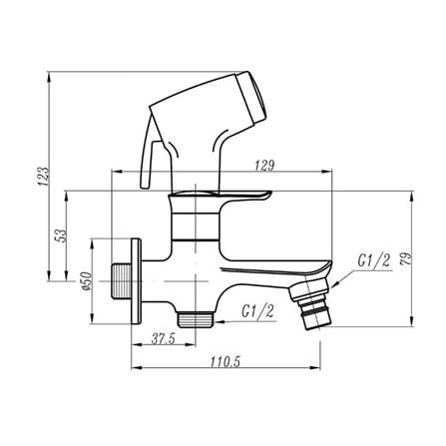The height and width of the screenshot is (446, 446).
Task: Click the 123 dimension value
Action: (44, 177)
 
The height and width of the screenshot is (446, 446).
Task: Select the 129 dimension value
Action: (264, 166)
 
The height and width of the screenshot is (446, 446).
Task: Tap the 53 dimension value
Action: (62, 235)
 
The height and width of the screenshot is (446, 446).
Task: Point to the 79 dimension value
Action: (406, 258)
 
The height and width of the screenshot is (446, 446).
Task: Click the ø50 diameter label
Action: (86, 281)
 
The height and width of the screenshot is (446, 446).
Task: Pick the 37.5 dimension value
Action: (164, 339)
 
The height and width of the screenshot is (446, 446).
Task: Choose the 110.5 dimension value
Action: (224, 362)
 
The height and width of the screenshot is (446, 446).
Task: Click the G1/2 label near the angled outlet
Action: (374, 260)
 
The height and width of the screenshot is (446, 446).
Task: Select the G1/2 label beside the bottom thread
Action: (258, 311)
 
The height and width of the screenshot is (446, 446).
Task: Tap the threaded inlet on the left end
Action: (121, 281)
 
